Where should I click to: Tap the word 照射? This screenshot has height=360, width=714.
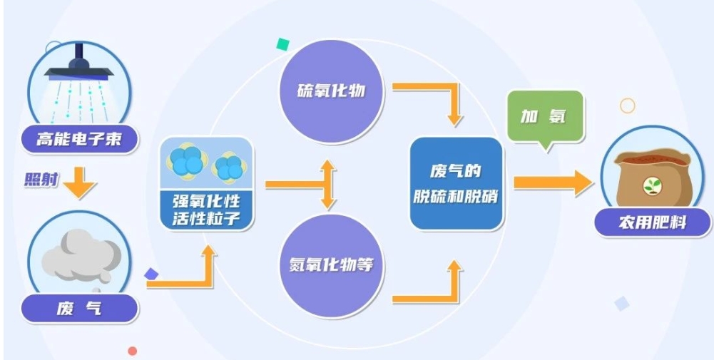click(x=41, y=180)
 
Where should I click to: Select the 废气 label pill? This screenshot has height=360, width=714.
click(x=79, y=309)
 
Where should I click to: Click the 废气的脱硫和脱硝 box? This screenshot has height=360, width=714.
click(x=457, y=184)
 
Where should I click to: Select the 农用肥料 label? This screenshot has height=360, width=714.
click(x=653, y=222)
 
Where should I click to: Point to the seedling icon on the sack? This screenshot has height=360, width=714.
click(x=652, y=186)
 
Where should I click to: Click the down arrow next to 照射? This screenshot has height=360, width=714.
click(x=79, y=182)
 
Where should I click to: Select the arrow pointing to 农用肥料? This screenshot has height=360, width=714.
click(x=553, y=183)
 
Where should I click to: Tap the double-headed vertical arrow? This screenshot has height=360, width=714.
click(x=328, y=185)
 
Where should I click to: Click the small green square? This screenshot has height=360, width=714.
click(x=282, y=44)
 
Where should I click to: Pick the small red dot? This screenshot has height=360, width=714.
click(x=133, y=351)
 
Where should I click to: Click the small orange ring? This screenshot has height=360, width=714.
click(x=628, y=106)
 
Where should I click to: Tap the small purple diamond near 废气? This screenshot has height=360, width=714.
click(x=151, y=274)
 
